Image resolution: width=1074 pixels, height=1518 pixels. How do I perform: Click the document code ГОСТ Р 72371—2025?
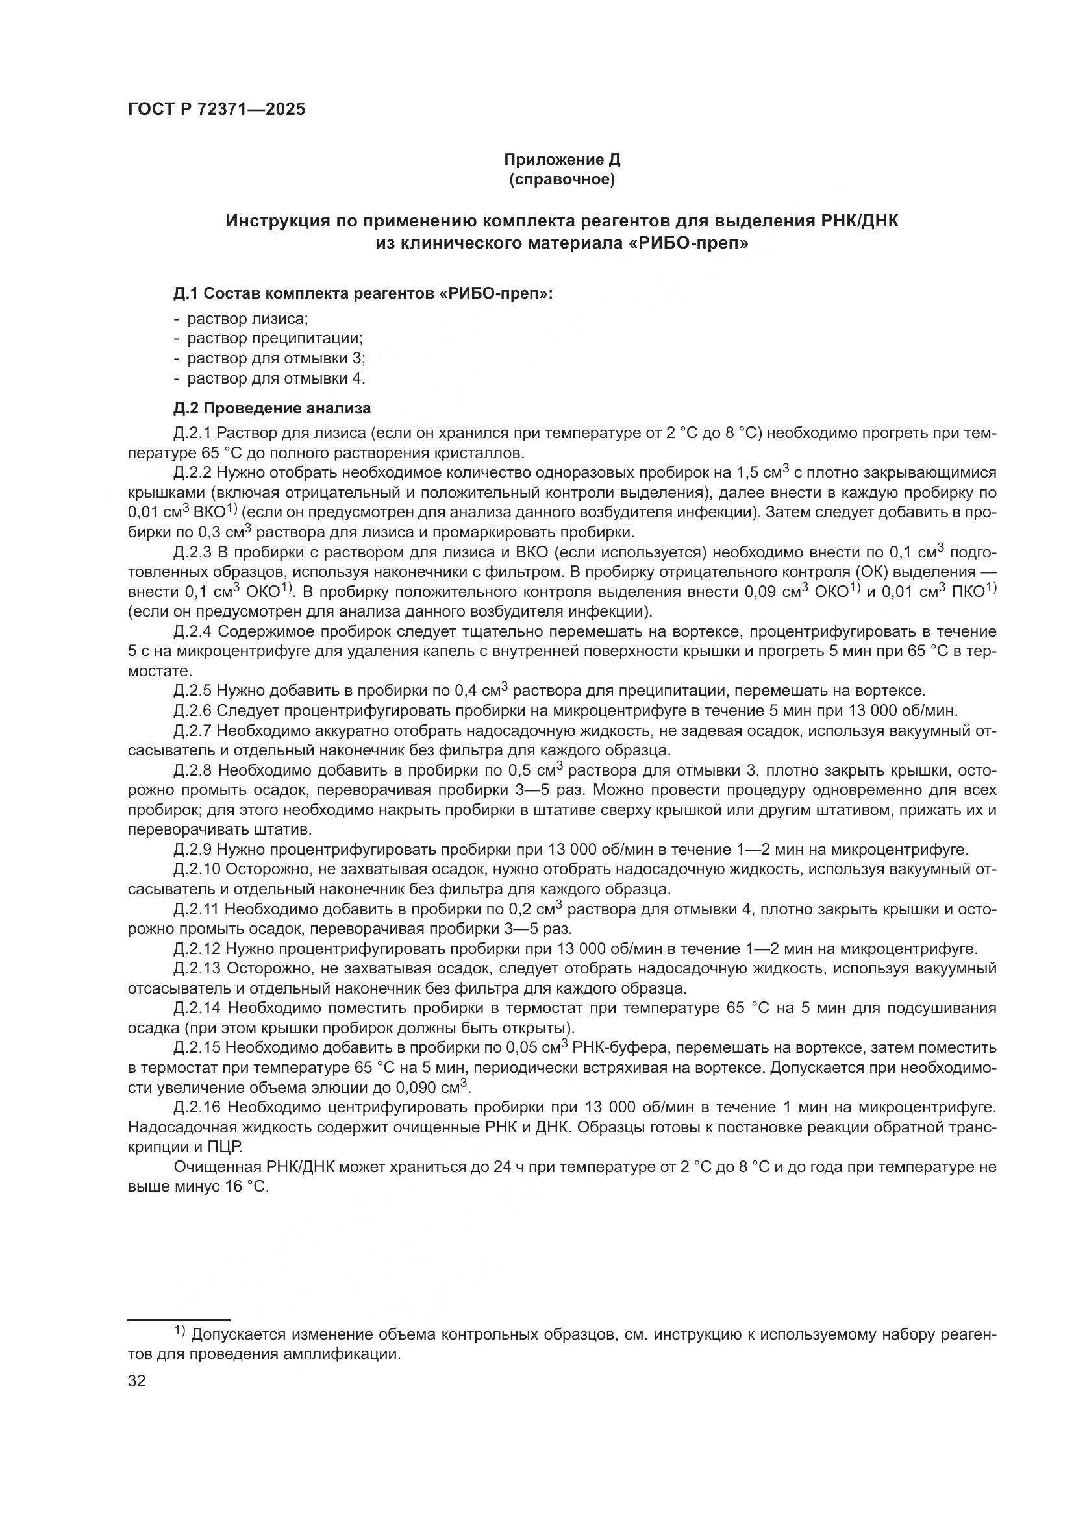216,110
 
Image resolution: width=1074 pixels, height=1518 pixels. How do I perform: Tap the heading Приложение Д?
562,160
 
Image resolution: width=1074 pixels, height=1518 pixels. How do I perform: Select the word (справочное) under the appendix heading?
562,179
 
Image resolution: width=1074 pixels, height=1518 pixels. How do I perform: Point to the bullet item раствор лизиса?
247,319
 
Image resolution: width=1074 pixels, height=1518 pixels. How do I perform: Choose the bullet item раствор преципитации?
275,339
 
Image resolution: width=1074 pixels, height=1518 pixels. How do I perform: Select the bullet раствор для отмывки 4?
276,378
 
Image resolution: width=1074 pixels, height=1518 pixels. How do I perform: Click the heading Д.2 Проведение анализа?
272,408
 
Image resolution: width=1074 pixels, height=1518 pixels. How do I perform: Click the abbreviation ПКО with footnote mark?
972,591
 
